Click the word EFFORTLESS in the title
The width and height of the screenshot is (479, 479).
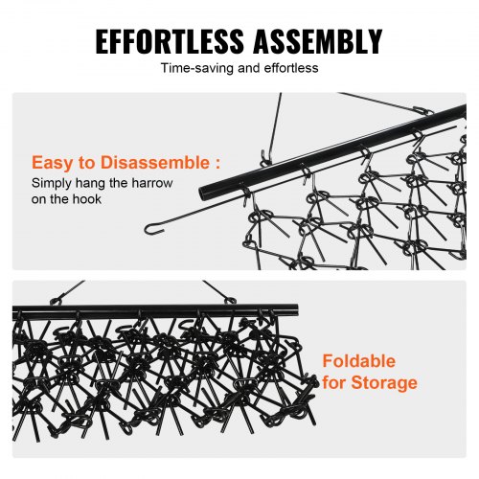[x=170, y=41]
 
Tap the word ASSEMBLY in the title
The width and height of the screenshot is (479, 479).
[x=318, y=41]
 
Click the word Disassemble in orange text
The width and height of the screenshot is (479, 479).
[x=155, y=163]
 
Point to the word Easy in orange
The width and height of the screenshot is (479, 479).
[x=53, y=163]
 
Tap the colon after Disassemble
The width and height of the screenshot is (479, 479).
[x=217, y=164]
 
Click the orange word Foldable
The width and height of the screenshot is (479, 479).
[x=359, y=361]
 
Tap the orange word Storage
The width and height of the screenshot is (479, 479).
[x=384, y=383]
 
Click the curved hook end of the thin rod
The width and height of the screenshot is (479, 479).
[x=151, y=229]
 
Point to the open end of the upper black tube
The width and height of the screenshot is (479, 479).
[x=202, y=193]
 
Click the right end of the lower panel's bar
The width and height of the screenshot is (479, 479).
[x=296, y=309]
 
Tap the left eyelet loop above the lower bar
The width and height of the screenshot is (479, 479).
[x=57, y=301]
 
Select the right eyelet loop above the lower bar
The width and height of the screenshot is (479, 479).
[x=230, y=301]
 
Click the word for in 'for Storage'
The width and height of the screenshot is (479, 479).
[x=334, y=382]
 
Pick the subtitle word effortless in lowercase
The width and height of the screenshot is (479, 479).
[x=291, y=68]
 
